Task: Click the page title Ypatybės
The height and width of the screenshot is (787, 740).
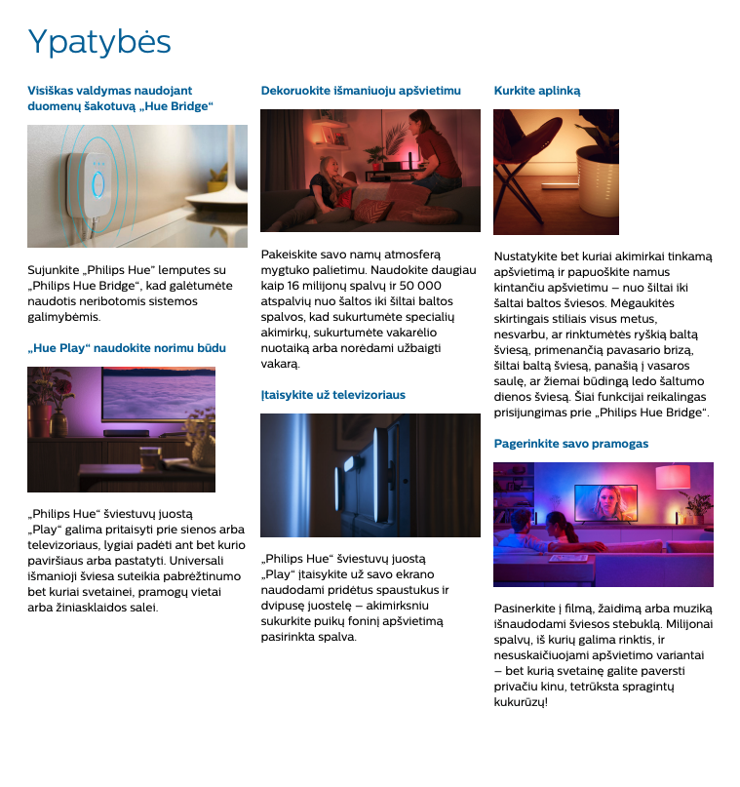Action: tap(99, 42)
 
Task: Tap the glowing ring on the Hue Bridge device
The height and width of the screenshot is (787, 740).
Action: tap(97, 183)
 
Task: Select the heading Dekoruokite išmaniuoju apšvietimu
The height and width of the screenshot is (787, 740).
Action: tap(360, 91)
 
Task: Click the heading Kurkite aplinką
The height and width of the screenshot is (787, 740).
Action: tap(536, 91)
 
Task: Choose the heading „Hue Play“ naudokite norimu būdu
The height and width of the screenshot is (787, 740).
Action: tap(127, 348)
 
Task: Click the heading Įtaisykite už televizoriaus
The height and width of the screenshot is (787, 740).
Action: tap(332, 395)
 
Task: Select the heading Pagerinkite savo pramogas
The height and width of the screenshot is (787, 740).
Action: tap(570, 444)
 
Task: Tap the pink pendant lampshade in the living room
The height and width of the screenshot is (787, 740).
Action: tap(672, 476)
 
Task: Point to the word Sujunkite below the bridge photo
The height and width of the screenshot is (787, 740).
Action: tap(54, 270)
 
